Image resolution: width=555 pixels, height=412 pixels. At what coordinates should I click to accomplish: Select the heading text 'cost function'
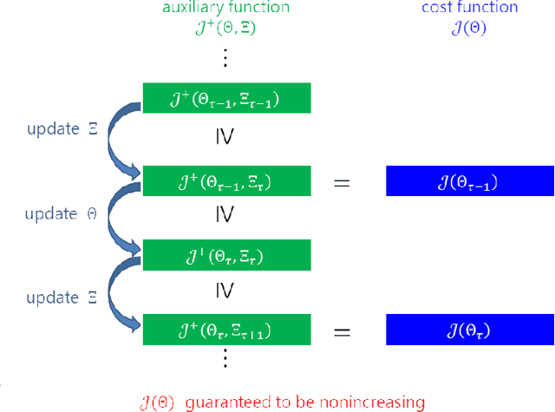(469, 8)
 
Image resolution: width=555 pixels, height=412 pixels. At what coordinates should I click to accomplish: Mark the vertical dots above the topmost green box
(225, 59)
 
